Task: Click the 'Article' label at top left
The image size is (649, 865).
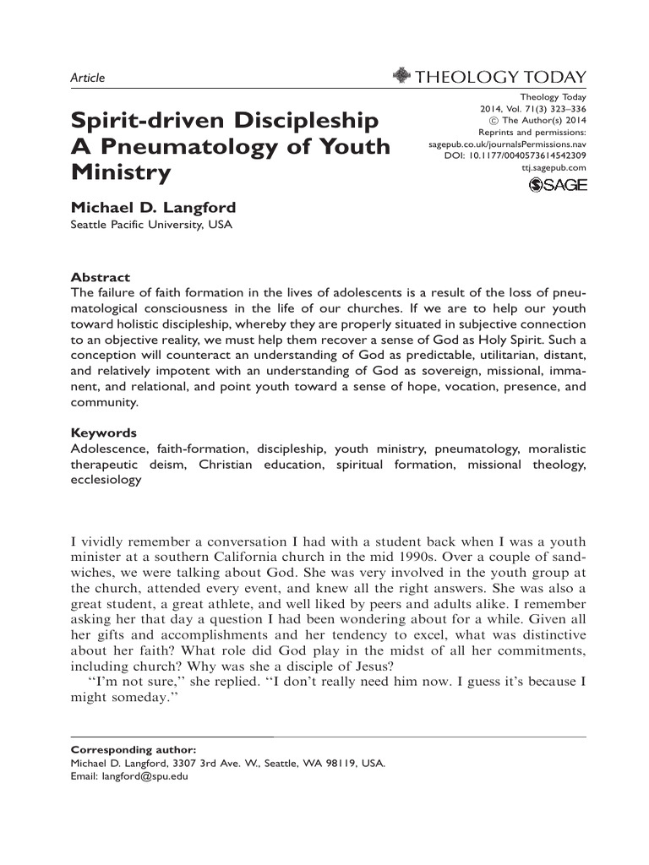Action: [x=87, y=78]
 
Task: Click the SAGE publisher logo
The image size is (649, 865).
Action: [x=557, y=185]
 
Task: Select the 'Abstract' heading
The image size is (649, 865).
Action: [x=100, y=277]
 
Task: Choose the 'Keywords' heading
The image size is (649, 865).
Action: [x=104, y=432]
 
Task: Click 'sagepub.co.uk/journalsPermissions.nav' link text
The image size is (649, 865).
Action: [x=508, y=144]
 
